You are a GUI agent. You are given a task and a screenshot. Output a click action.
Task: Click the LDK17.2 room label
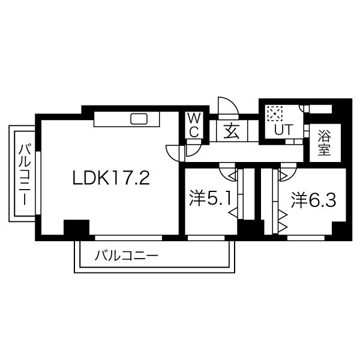(111, 178)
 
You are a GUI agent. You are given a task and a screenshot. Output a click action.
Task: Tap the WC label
(194, 125)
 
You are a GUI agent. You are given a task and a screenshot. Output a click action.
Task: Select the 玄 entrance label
(232, 131)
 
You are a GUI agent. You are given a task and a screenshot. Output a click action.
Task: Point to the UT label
(284, 130)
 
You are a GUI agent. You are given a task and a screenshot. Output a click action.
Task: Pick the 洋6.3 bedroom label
(313, 200)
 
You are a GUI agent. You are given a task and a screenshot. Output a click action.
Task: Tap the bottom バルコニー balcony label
(127, 256)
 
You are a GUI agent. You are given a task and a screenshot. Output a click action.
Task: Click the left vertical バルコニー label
(25, 175)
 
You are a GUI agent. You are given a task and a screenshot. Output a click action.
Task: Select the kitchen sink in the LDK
(139, 119)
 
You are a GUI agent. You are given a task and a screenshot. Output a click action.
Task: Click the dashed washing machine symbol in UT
(275, 113)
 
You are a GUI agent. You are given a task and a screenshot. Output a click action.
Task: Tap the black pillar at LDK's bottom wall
(76, 227)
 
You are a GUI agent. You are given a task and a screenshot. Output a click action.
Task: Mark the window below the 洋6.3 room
(306, 238)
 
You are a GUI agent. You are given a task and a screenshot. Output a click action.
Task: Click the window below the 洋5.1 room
(206, 238)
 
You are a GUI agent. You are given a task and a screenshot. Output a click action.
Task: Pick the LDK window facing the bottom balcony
(128, 238)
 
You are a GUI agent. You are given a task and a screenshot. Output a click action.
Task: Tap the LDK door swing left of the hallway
(173, 154)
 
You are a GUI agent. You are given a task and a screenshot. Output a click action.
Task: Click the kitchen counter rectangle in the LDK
(127, 119)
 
